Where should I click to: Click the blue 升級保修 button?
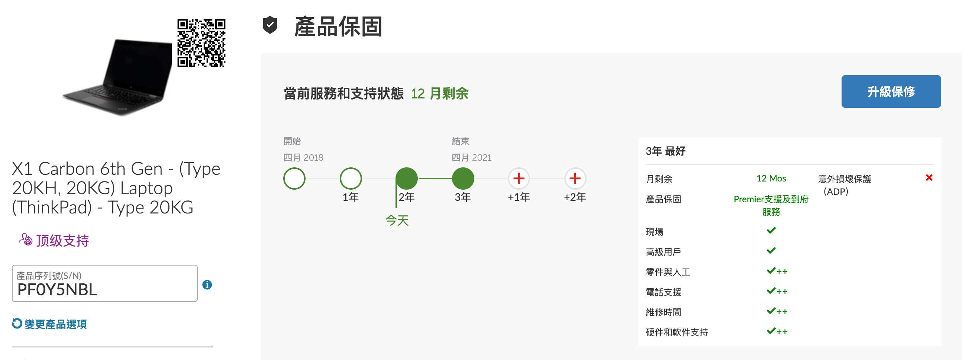tap(891, 91)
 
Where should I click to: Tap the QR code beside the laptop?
tap(201, 43)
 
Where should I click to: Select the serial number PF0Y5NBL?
tap(57, 290)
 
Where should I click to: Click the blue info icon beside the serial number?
tap(207, 285)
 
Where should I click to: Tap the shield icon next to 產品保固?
tap(270, 25)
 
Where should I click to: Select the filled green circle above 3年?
tap(463, 179)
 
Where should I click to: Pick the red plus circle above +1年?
tap(519, 179)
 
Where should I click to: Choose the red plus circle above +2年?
tap(575, 179)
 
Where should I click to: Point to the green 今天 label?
tap(397, 220)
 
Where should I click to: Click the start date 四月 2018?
tap(303, 158)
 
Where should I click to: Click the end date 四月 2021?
tap(472, 158)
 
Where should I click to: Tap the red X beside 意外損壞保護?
tap(929, 178)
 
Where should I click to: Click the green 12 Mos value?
tap(771, 179)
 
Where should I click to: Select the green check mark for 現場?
tap(771, 231)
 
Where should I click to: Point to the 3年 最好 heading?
tap(665, 151)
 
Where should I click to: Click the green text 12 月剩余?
tap(439, 93)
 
